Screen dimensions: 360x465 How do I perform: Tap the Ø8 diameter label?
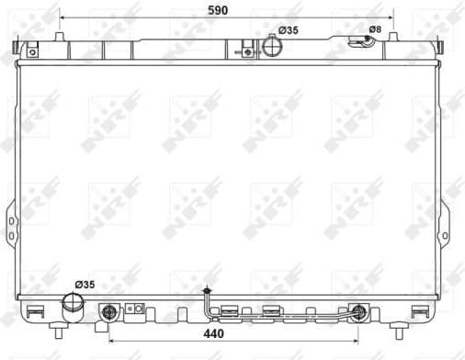(374, 29)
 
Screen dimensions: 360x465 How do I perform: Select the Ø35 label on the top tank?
(289, 30)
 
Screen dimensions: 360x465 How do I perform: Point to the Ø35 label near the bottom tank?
(85, 284)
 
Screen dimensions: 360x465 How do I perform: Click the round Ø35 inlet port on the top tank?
(270, 44)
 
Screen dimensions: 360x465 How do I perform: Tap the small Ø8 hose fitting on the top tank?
(357, 40)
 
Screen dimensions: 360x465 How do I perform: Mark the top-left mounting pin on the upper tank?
(60, 38)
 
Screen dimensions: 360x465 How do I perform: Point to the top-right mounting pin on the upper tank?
(393, 38)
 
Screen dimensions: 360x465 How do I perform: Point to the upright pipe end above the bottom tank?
(208, 290)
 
